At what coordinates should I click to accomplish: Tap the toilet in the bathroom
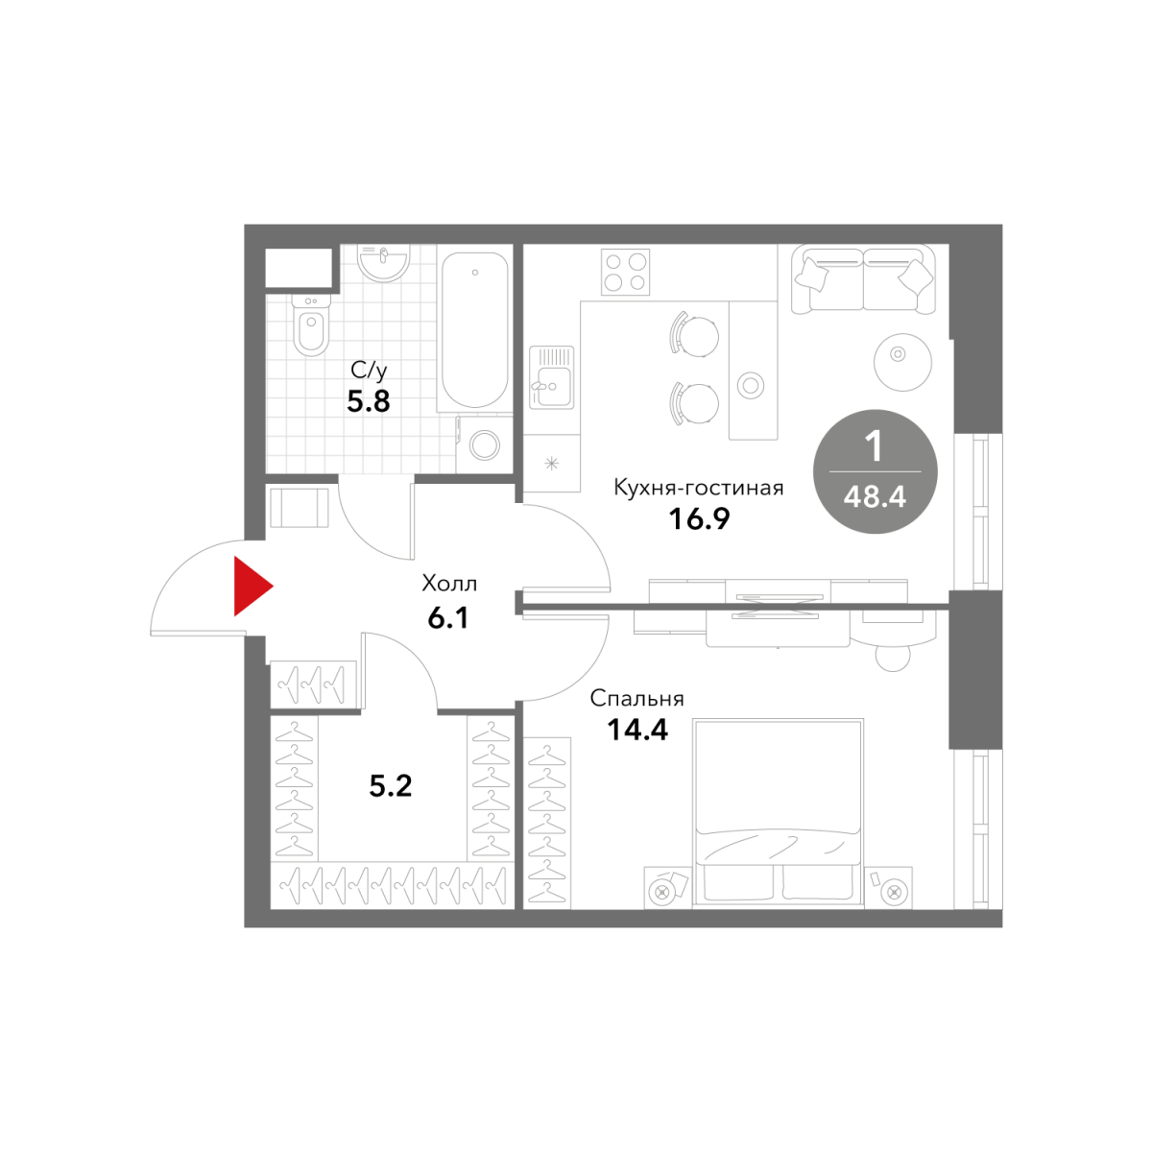310,324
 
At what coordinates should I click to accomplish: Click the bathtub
474,329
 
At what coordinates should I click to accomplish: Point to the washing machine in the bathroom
484,444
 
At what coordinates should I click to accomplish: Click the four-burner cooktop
625,273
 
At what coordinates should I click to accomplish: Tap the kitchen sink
551,378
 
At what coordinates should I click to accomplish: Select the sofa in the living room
863,279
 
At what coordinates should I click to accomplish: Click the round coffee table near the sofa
902,362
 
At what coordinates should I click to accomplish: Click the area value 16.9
699,519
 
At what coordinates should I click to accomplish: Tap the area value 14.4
637,730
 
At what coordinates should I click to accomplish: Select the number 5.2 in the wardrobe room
391,786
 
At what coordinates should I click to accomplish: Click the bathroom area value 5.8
369,401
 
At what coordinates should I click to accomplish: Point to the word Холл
449,583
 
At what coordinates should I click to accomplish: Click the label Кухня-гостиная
699,488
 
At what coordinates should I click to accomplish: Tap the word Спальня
637,698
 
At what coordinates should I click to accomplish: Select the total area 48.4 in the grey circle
875,496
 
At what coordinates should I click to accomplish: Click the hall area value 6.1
448,618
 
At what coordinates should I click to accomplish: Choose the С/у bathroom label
369,371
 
